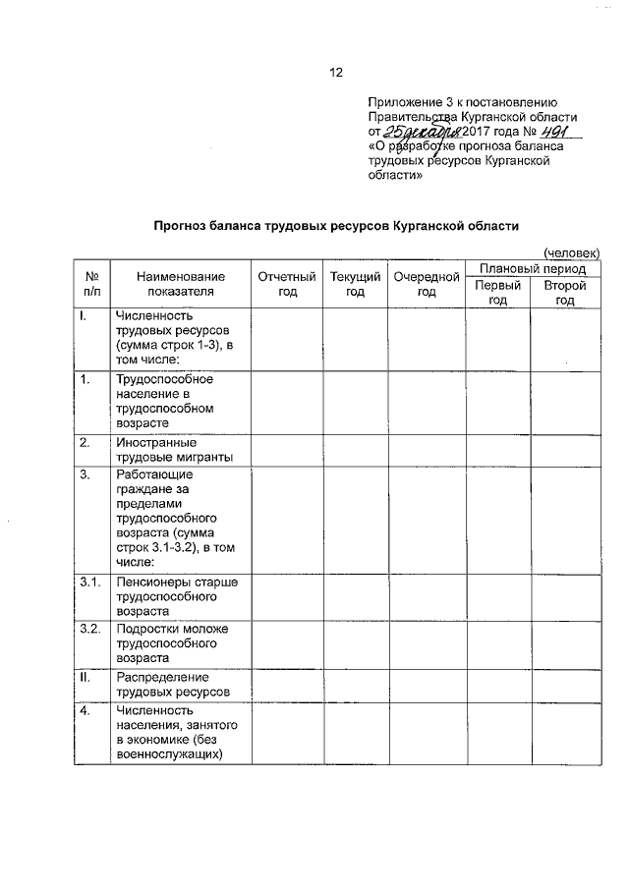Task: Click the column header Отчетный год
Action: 286,284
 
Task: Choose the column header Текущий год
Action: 355,284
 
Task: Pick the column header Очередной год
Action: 427,284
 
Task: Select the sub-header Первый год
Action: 498,292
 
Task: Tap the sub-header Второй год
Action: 564,292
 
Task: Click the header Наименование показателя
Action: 181,284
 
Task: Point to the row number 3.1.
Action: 90,583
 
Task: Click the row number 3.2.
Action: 90,629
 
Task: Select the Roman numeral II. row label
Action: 86,677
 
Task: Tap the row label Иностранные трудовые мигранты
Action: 173,450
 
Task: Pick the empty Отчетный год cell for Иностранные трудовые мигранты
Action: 286,450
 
